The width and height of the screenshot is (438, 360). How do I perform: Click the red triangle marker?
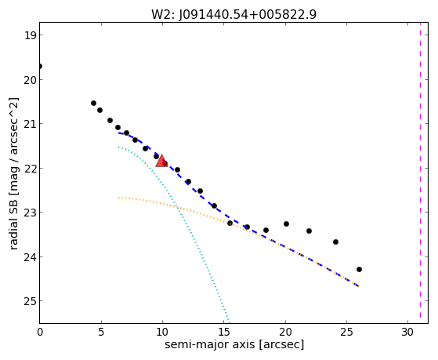161,161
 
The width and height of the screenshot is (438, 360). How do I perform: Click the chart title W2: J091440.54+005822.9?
233,14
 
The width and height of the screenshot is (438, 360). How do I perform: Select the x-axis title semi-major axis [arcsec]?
234,344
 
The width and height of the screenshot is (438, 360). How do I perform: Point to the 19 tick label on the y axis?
30,35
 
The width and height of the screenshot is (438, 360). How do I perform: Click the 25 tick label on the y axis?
30,301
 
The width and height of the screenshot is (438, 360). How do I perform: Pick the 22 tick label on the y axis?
30,169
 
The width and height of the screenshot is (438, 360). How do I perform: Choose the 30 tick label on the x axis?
407,332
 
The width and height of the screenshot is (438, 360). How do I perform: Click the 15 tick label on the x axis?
223,332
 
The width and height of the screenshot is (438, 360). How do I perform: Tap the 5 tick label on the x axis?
101,332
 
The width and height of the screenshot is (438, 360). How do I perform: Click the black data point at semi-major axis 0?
40,67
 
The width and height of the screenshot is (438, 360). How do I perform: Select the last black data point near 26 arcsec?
359,269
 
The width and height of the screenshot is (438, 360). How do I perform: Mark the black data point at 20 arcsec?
286,224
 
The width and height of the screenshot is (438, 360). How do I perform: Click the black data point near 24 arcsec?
336,242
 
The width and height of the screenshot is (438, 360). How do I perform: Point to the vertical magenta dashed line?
420,173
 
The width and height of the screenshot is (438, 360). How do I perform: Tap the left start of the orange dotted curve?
119,198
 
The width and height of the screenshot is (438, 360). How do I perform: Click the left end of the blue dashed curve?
119,133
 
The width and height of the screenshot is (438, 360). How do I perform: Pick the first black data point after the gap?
93,104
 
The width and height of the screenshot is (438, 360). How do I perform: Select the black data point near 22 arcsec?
309,231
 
